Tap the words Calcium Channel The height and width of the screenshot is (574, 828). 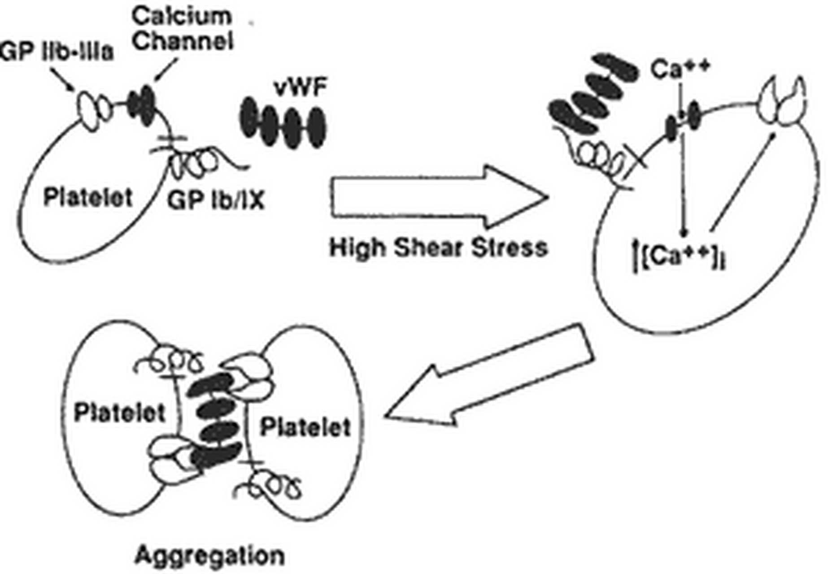(183, 29)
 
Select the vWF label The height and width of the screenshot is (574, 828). (300, 87)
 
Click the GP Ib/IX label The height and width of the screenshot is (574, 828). (216, 200)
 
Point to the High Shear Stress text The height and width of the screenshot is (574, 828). (438, 248)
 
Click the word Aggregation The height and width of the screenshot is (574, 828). (209, 556)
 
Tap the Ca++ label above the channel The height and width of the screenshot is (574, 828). (680, 69)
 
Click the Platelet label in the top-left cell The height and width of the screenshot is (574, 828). (88, 197)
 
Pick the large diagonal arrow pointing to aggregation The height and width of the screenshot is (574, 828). (489, 375)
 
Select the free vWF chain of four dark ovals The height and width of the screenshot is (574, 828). (283, 122)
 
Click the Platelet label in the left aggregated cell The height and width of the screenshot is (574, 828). (119, 413)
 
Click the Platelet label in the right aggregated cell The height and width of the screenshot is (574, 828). (305, 427)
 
